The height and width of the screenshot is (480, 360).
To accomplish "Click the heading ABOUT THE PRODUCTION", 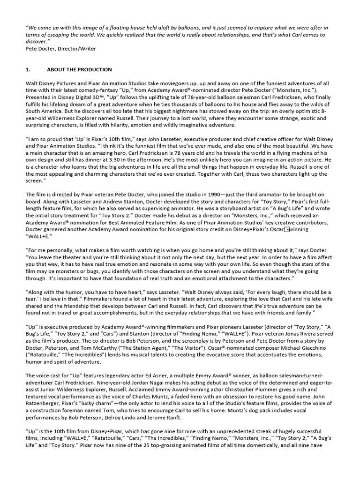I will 79,70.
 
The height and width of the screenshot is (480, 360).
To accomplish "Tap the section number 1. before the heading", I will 28,70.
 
